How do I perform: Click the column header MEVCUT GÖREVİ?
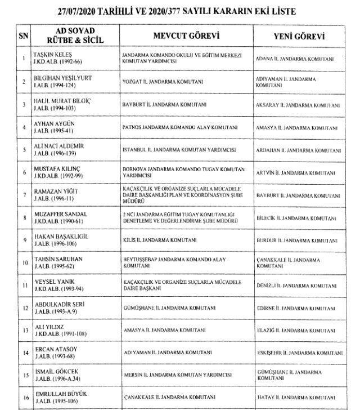point(185,36)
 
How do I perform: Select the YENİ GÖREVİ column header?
point(301,36)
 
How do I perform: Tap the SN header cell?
point(24,36)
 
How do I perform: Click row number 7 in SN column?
point(24,196)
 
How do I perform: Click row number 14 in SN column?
point(24,353)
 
